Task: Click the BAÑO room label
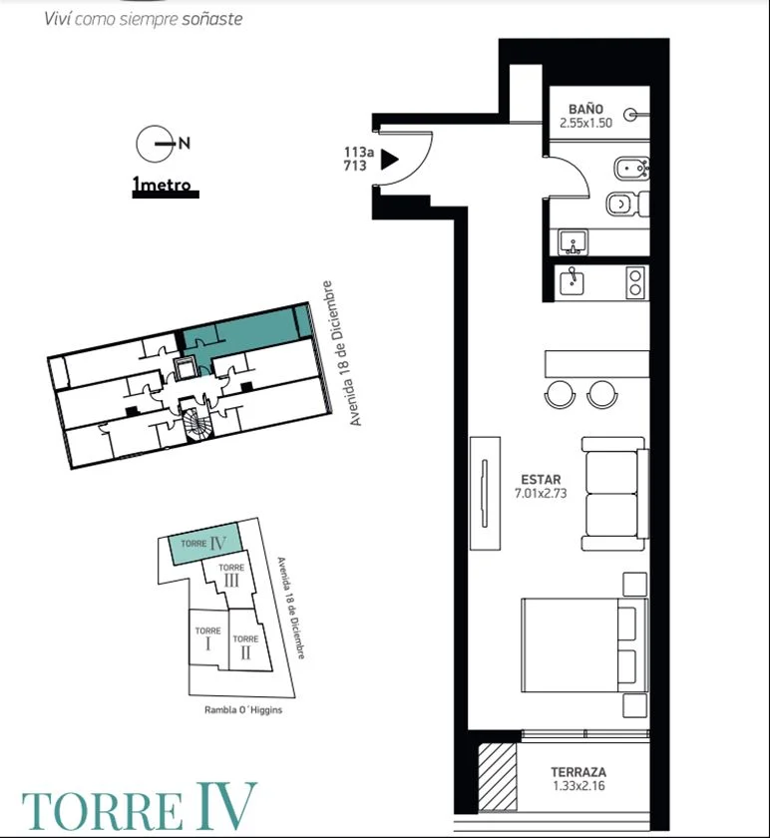(x=585, y=110)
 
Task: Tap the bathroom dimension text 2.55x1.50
(x=585, y=123)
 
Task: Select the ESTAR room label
(x=541, y=480)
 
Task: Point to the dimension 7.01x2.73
(x=541, y=493)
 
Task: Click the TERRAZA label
(x=578, y=772)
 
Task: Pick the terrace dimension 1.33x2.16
(x=578, y=786)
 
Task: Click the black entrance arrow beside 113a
(x=390, y=160)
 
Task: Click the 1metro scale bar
(x=166, y=194)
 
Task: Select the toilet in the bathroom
(x=627, y=204)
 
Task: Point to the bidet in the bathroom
(x=632, y=170)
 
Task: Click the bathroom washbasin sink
(x=573, y=242)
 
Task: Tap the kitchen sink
(x=572, y=283)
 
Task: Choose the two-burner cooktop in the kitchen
(x=635, y=282)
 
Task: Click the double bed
(x=584, y=645)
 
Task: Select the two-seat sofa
(x=615, y=494)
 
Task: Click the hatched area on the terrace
(x=498, y=776)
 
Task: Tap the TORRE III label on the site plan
(x=231, y=575)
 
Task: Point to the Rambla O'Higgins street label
(x=243, y=710)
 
